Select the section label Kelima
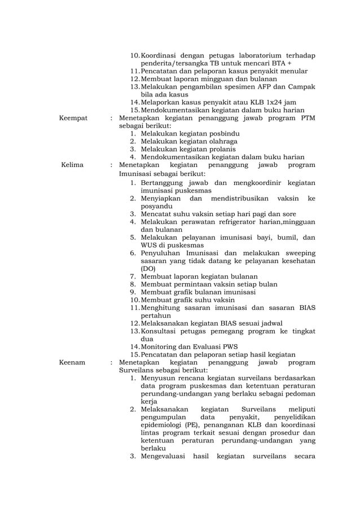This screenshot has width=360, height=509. (x=72, y=165)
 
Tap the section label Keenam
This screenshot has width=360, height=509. (x=72, y=362)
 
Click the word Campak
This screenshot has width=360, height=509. (x=301, y=87)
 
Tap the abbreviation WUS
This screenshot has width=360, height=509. (x=150, y=245)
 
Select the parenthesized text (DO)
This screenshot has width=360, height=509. (x=148, y=269)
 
